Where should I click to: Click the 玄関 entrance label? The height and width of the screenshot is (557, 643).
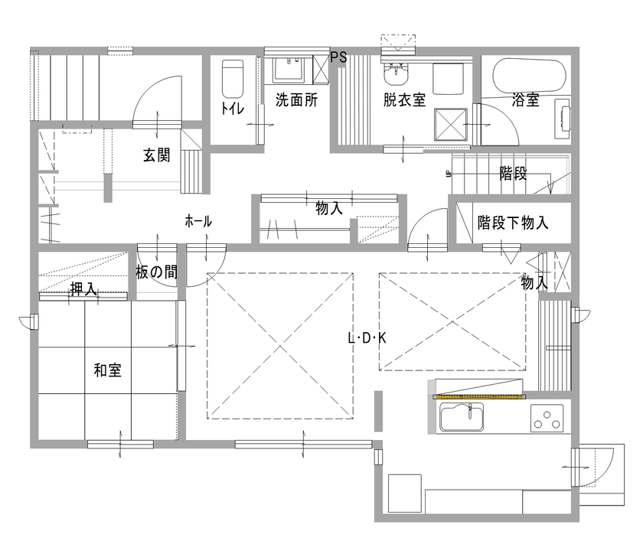pyautogui.click(x=157, y=155)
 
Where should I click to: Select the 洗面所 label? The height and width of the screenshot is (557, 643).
pyautogui.click(x=297, y=99)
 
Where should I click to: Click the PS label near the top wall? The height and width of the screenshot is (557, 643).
pyautogui.click(x=339, y=57)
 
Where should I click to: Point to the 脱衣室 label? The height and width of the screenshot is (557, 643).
pyautogui.click(x=405, y=99)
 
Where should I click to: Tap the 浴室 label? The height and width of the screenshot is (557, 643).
pyautogui.click(x=526, y=99)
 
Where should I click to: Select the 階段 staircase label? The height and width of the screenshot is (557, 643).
pyautogui.click(x=513, y=174)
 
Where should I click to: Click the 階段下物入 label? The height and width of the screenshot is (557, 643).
pyautogui.click(x=513, y=223)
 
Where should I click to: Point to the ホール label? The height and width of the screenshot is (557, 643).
pyautogui.click(x=198, y=221)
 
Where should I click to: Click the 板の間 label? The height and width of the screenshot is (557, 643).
pyautogui.click(x=157, y=272)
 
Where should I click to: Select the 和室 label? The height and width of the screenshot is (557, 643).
pyautogui.click(x=108, y=370)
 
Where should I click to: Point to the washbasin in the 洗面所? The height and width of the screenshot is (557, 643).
pyautogui.click(x=289, y=71)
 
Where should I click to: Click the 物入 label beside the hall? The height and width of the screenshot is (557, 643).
pyautogui.click(x=329, y=207)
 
